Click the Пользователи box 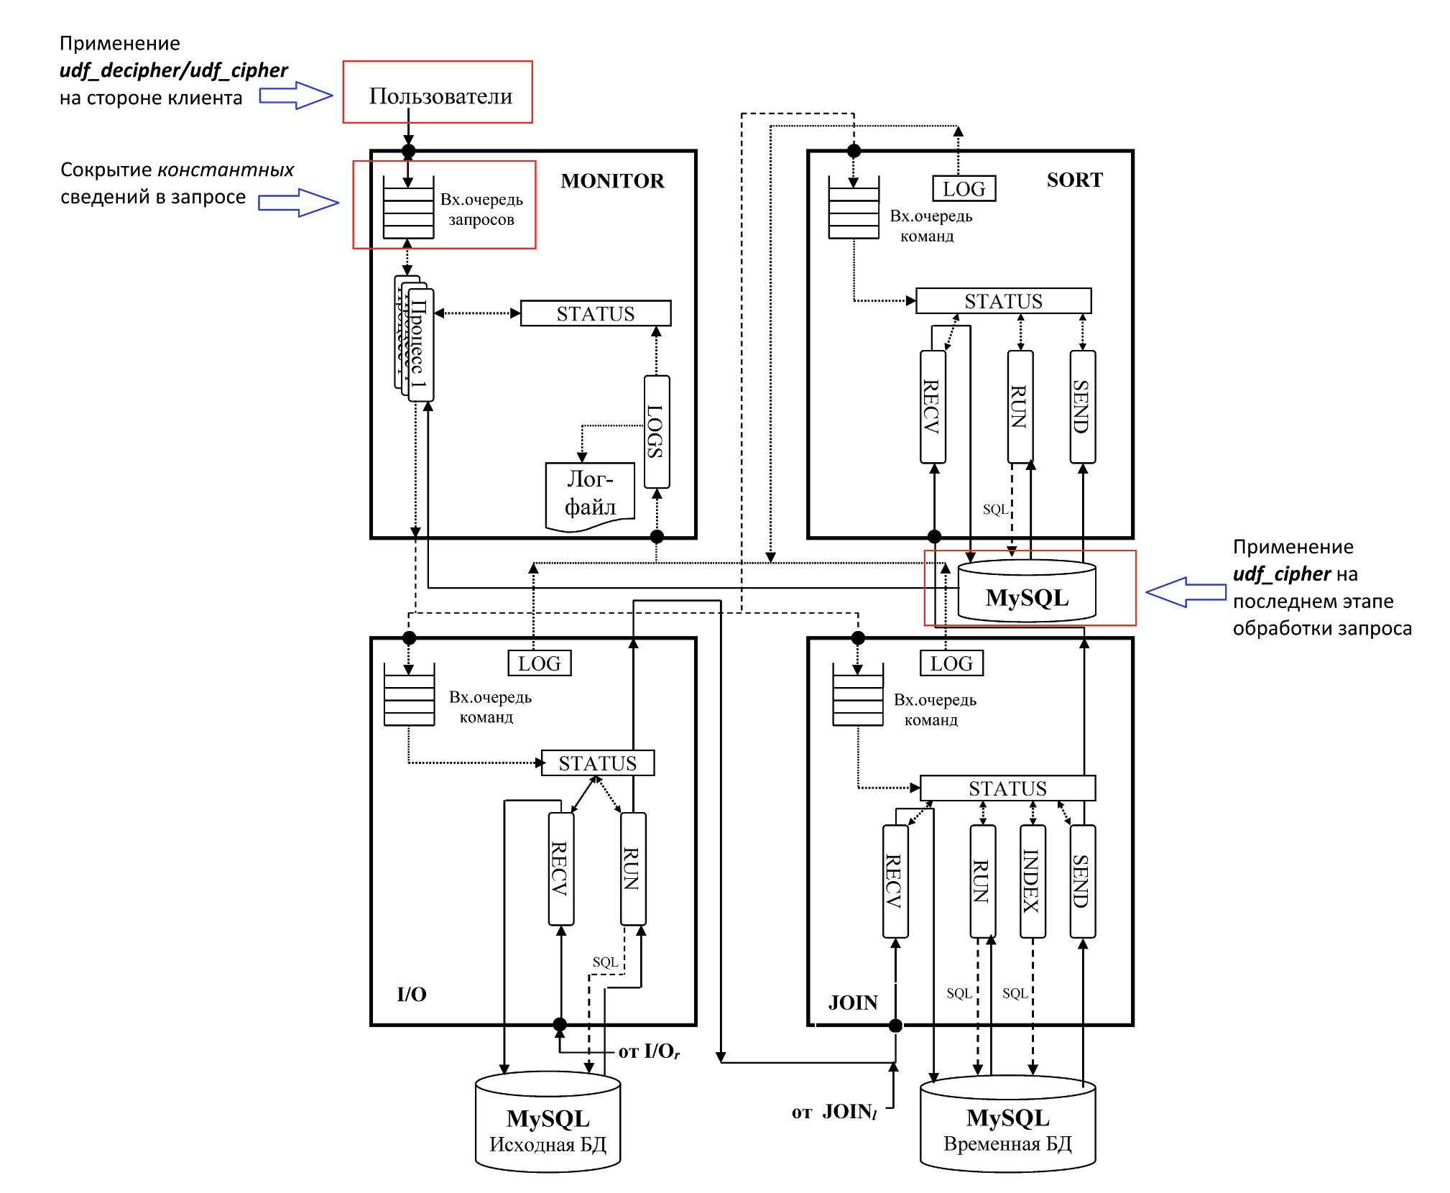click(x=438, y=92)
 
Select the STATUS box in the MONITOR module click(x=596, y=313)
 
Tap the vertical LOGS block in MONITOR click(x=657, y=431)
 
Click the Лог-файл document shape click(x=590, y=497)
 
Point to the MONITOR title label click(x=612, y=180)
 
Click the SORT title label click(x=1074, y=180)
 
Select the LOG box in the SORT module click(x=964, y=188)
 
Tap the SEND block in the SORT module click(x=1082, y=407)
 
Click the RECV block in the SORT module click(x=933, y=407)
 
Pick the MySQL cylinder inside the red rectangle click(x=1027, y=591)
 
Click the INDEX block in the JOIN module click(x=1033, y=881)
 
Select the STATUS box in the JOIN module click(x=1007, y=788)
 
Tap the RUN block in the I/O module click(x=633, y=869)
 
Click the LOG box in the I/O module click(x=540, y=663)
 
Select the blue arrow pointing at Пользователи click(x=296, y=95)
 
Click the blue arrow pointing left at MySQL click(x=1186, y=592)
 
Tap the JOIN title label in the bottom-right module click(x=853, y=1003)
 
